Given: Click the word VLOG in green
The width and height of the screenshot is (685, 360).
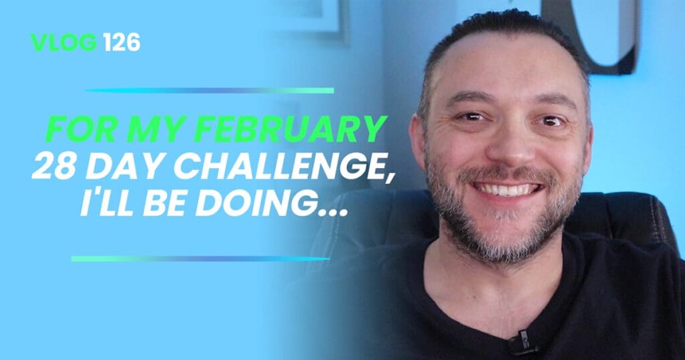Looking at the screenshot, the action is pos(64,42).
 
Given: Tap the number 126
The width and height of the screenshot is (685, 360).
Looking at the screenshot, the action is pos(122,42).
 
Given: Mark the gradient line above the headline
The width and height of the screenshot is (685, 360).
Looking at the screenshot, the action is pos(209,90).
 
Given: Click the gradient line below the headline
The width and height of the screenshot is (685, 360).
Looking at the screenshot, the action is pos(200,259).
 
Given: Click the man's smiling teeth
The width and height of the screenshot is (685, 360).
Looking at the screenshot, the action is pos(507,190).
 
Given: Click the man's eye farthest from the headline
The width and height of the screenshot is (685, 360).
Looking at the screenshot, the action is pos(551,120).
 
